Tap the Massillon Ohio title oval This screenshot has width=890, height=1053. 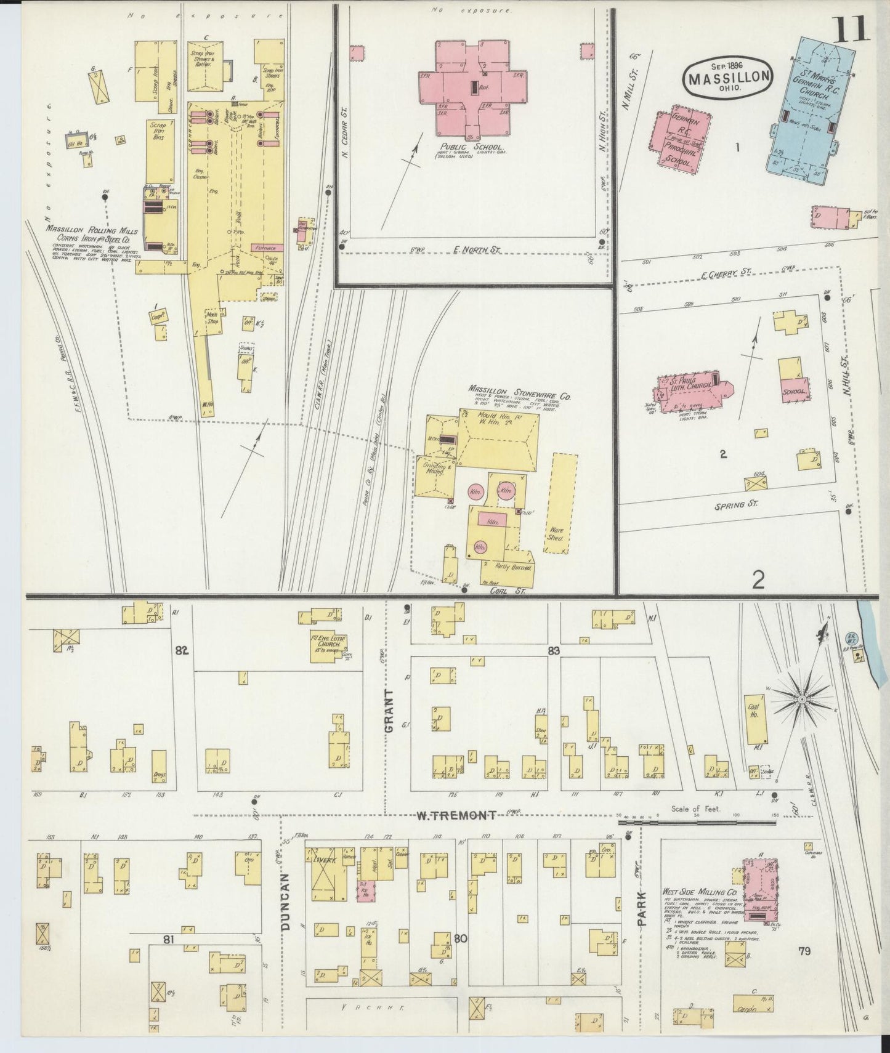[x=727, y=78]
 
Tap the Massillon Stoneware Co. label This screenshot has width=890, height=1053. [x=519, y=393]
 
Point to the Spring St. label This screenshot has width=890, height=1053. [x=735, y=504]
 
